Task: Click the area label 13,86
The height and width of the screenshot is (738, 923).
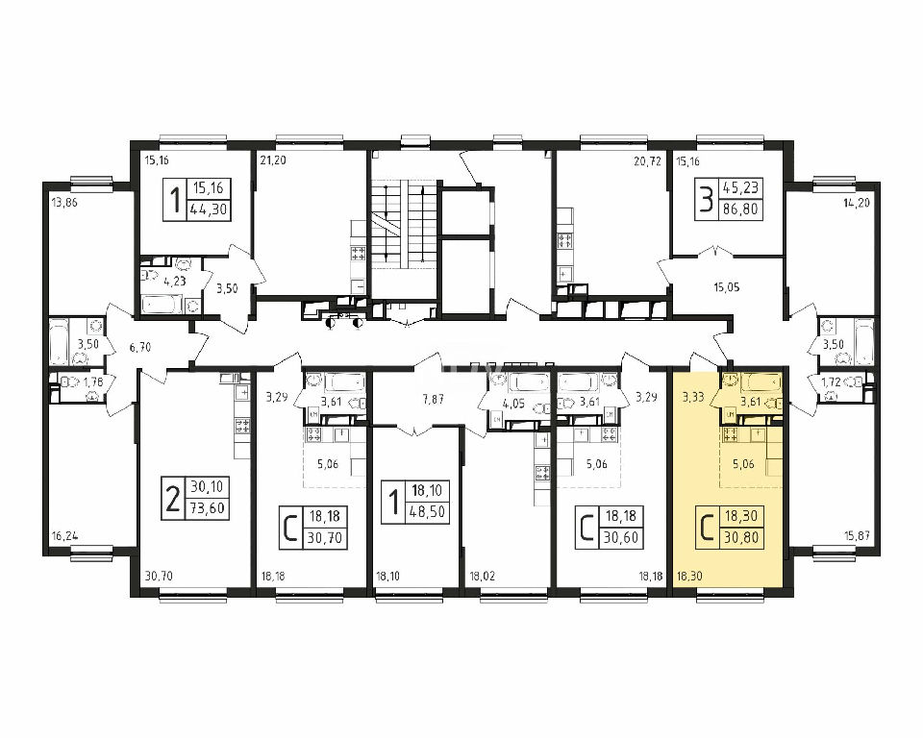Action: (64, 204)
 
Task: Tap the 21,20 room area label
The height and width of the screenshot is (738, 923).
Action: (273, 160)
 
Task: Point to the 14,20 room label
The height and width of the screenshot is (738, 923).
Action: (857, 204)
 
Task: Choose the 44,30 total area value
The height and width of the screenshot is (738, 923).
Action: (209, 209)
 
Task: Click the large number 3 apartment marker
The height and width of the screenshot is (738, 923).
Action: (705, 199)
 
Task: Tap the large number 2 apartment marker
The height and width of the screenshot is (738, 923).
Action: (172, 498)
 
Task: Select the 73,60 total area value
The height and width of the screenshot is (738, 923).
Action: (209, 507)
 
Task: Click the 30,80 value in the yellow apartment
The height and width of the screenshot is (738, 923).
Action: (742, 537)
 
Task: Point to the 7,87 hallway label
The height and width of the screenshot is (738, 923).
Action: (434, 400)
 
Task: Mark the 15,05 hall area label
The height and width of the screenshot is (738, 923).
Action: (727, 287)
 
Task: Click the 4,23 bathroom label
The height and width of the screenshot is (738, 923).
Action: (174, 282)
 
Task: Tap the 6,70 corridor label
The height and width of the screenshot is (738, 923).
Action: (140, 347)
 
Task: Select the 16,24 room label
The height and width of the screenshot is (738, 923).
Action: (64, 537)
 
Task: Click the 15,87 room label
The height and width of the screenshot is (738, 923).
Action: (857, 537)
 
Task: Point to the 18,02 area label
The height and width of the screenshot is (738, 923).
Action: (482, 577)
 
